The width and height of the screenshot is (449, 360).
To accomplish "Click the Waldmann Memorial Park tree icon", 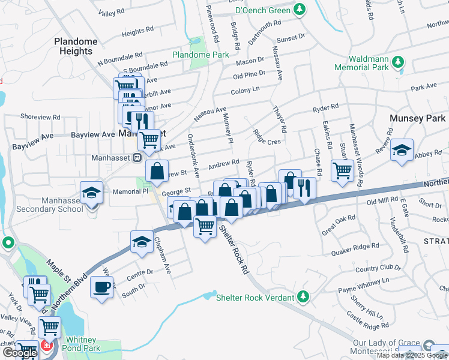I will (x=397, y=62).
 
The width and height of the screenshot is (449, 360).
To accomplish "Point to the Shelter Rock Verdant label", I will (x=255, y=297).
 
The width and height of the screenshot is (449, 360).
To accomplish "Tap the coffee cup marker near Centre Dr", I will (x=102, y=286).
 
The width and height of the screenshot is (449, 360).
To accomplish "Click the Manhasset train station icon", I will (x=137, y=158).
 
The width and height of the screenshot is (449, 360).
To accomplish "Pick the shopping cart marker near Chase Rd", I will (x=342, y=169).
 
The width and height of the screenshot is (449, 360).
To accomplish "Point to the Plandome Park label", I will (x=200, y=55).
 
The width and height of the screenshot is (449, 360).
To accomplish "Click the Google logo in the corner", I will (x=19, y=353).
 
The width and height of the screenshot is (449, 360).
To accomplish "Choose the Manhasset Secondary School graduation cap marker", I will (x=92, y=193).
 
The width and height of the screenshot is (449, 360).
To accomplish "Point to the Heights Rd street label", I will (x=133, y=32).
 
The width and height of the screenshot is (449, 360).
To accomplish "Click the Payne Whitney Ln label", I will (x=364, y=285).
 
